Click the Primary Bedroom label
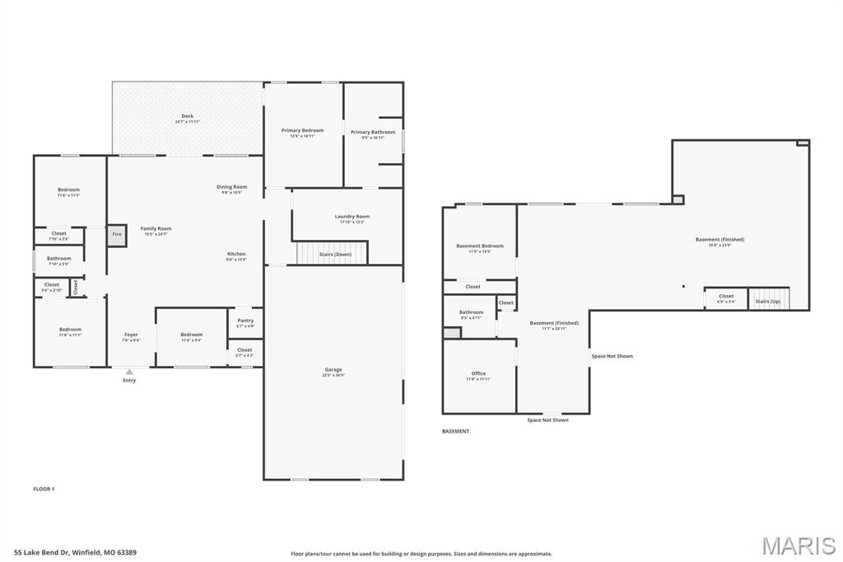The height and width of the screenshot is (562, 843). click(x=302, y=130)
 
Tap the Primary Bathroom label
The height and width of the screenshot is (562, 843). click(x=373, y=132)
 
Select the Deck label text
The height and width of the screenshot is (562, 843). click(x=188, y=116)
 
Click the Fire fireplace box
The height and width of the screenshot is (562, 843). click(x=117, y=235)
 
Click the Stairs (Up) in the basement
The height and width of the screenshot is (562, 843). click(x=768, y=299)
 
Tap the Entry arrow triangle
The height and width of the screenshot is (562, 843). click(x=129, y=372)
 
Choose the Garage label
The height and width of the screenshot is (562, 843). click(x=333, y=370)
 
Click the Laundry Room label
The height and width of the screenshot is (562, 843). click(x=352, y=217)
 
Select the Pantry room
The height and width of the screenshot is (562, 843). click(x=245, y=321)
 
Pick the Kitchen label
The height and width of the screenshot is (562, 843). click(x=236, y=254)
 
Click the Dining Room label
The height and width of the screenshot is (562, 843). click(x=231, y=187)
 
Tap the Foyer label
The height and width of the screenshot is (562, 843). click(x=131, y=335)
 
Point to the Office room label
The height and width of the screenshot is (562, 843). click(x=478, y=374)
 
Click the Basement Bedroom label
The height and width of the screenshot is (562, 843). click(x=480, y=246)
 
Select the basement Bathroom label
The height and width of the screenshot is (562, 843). click(x=471, y=312)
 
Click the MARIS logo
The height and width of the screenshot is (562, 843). click(x=798, y=546)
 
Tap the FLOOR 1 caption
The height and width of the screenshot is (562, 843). click(x=44, y=489)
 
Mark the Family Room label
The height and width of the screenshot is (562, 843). click(x=156, y=228)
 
